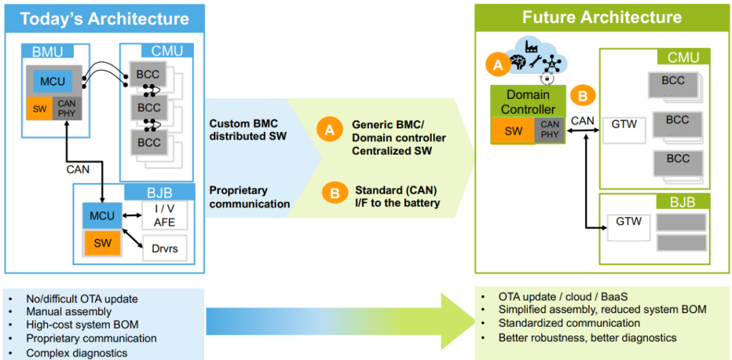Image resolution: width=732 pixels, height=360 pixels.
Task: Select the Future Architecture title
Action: [x=602, y=17]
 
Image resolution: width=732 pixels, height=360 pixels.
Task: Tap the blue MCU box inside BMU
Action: [x=52, y=81]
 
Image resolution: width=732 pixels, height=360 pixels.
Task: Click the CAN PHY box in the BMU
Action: [x=67, y=108]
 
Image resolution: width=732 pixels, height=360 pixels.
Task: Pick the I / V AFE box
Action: [x=164, y=216]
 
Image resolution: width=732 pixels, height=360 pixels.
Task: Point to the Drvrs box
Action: [x=164, y=248]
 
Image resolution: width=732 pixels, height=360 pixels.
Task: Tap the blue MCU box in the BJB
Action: [x=102, y=216]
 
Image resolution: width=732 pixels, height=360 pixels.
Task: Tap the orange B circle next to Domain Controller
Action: [x=582, y=96]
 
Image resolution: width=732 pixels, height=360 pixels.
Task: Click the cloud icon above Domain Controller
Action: [x=535, y=54]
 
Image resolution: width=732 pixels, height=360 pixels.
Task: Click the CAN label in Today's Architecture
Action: [x=77, y=169]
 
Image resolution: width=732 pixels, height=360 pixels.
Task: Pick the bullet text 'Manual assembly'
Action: [x=68, y=312]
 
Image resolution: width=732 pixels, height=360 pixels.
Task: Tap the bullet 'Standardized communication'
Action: [x=569, y=323]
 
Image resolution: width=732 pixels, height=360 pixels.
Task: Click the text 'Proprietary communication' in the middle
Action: [x=249, y=197]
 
